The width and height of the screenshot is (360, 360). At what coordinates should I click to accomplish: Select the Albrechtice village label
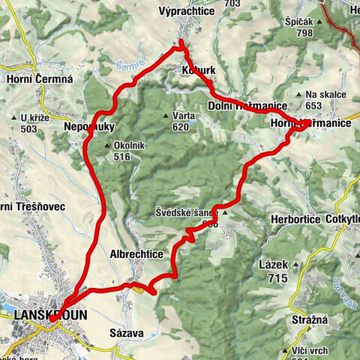pos(136,254)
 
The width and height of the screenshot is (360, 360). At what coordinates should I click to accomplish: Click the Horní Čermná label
pos(37,80)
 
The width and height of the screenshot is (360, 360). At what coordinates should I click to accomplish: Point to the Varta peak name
pos(184,116)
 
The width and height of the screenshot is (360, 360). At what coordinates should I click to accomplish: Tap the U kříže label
pos(35,118)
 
